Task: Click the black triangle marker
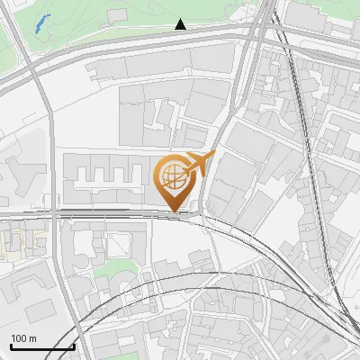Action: coord(181,24)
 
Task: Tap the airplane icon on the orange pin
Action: coord(198,164)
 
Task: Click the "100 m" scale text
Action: coord(23,338)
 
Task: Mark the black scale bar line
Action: coord(41,346)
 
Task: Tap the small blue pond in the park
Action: coord(40,23)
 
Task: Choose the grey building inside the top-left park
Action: coord(117,15)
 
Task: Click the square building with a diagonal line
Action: coord(120,245)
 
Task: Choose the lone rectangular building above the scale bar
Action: coord(40,311)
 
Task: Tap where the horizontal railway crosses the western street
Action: coord(56,213)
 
